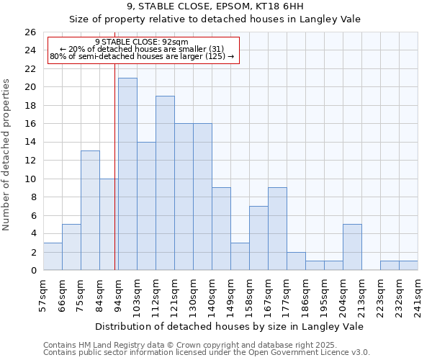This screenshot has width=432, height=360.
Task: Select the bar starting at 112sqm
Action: point(165,184)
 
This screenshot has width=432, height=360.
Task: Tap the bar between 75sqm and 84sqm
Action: point(90,211)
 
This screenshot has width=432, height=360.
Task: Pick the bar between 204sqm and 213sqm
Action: point(352,248)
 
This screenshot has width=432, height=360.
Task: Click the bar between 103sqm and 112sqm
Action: point(146,206)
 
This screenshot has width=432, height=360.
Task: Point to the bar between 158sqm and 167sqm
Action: point(258,238)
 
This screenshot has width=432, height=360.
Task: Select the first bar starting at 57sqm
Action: point(53,257)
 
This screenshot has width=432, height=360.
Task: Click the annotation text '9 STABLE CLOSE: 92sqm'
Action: point(141,42)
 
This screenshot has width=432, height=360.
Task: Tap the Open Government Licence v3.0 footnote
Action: point(207,353)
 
